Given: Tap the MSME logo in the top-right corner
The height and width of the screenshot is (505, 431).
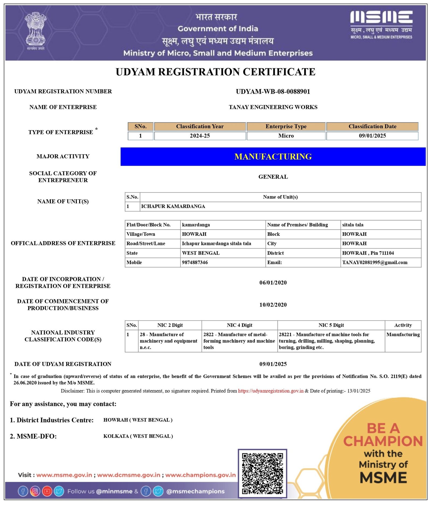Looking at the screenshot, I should point(381,25).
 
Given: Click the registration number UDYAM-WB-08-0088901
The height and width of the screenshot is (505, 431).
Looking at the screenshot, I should point(273,91).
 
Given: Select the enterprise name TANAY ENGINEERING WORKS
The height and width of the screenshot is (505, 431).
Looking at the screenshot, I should point(273,107).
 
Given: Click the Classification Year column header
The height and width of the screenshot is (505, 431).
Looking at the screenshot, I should point(200,126).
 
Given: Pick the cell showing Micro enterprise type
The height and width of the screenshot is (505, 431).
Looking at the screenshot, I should point(286,136).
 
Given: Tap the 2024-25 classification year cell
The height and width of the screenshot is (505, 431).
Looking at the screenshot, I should point(200,136).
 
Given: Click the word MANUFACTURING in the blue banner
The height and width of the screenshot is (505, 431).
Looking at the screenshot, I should point(273,156).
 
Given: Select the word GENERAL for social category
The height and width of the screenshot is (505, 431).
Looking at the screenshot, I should point(273,177).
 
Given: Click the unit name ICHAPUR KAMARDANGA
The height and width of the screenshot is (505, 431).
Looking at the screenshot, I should point(173,206).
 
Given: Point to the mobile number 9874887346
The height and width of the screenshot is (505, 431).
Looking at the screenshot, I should point(195,262).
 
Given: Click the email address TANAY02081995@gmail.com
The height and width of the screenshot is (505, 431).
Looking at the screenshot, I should point(374,262).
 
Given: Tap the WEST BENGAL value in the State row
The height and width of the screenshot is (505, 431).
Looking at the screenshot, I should point(201,253).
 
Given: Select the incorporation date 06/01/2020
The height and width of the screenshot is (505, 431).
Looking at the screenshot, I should point(273,283).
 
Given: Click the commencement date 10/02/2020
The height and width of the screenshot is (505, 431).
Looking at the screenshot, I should point(273,305).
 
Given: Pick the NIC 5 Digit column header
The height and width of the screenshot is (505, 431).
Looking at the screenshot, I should point(331,325).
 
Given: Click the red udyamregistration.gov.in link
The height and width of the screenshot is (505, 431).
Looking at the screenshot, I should point(270,391).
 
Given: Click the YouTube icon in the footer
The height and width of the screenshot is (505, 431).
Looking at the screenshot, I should point(47,491).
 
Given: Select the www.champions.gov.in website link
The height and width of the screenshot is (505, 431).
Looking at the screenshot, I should point(200,475).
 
